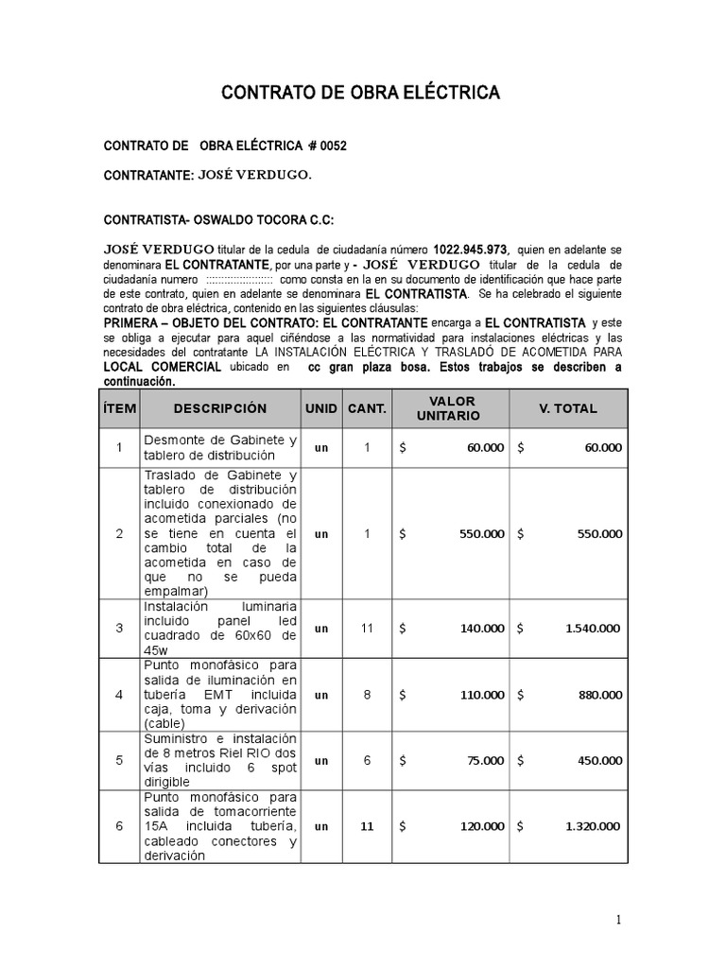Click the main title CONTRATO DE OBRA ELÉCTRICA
coord(360,93)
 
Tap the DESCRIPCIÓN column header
coord(219,408)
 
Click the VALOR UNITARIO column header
coord(453,408)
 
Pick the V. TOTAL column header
coord(567,408)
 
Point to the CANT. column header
coord(367,408)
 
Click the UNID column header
coord(321,408)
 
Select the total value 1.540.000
coord(593,628)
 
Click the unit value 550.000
coord(481,533)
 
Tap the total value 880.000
coord(600,695)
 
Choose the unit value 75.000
coord(485,760)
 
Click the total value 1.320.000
coord(593,826)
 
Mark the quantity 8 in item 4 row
coord(367,695)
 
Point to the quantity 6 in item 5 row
coord(367,760)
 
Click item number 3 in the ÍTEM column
coord(119,628)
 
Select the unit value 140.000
coord(481,628)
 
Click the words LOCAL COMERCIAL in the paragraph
coord(162,367)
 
